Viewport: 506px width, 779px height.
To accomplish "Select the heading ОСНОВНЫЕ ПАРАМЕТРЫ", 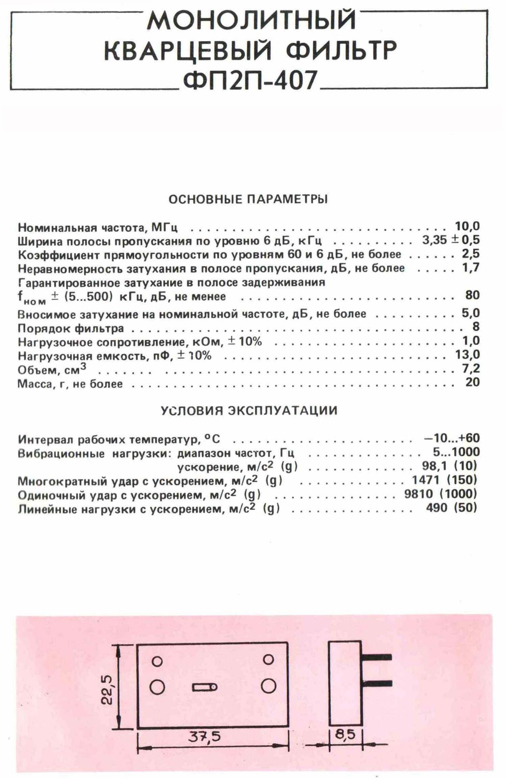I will [x=248, y=199].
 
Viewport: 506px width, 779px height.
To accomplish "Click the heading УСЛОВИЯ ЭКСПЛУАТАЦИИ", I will [x=249, y=411].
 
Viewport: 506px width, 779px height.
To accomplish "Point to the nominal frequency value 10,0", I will [x=467, y=226].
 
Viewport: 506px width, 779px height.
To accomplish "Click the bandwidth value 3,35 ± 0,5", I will [x=451, y=240].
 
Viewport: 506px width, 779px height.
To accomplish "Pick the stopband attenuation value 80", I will [x=472, y=295].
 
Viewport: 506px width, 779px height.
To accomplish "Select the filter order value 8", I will [x=476, y=327].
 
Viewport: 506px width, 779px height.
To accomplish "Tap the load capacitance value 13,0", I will [x=467, y=354].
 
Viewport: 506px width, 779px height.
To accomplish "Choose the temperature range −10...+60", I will [x=451, y=438].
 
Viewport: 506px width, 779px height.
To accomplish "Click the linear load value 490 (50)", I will [x=451, y=508].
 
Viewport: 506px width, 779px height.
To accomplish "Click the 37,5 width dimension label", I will [x=205, y=737].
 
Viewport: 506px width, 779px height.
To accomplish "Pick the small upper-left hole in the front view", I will [x=157, y=661].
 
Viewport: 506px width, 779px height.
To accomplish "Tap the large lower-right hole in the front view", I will [x=268, y=686].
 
